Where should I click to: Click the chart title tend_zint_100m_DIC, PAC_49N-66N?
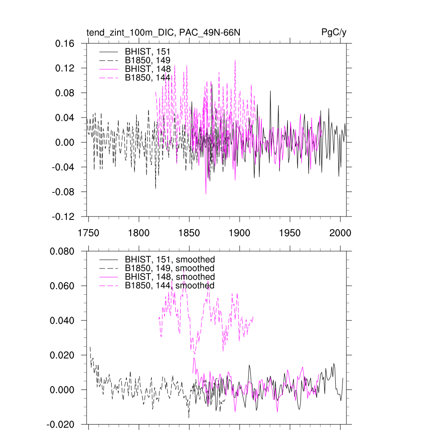[x=164, y=33]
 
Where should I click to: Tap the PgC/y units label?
[x=334, y=33]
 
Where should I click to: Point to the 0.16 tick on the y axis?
[x=66, y=44]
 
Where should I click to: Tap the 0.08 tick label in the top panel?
[x=66, y=93]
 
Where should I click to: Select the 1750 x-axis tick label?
[x=88, y=233]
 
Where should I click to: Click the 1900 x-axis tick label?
[x=240, y=233]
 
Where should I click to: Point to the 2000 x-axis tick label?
[x=340, y=233]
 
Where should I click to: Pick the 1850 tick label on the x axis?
[x=189, y=233]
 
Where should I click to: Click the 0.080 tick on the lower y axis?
[x=62, y=251]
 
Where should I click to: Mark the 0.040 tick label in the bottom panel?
[x=62, y=321]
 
